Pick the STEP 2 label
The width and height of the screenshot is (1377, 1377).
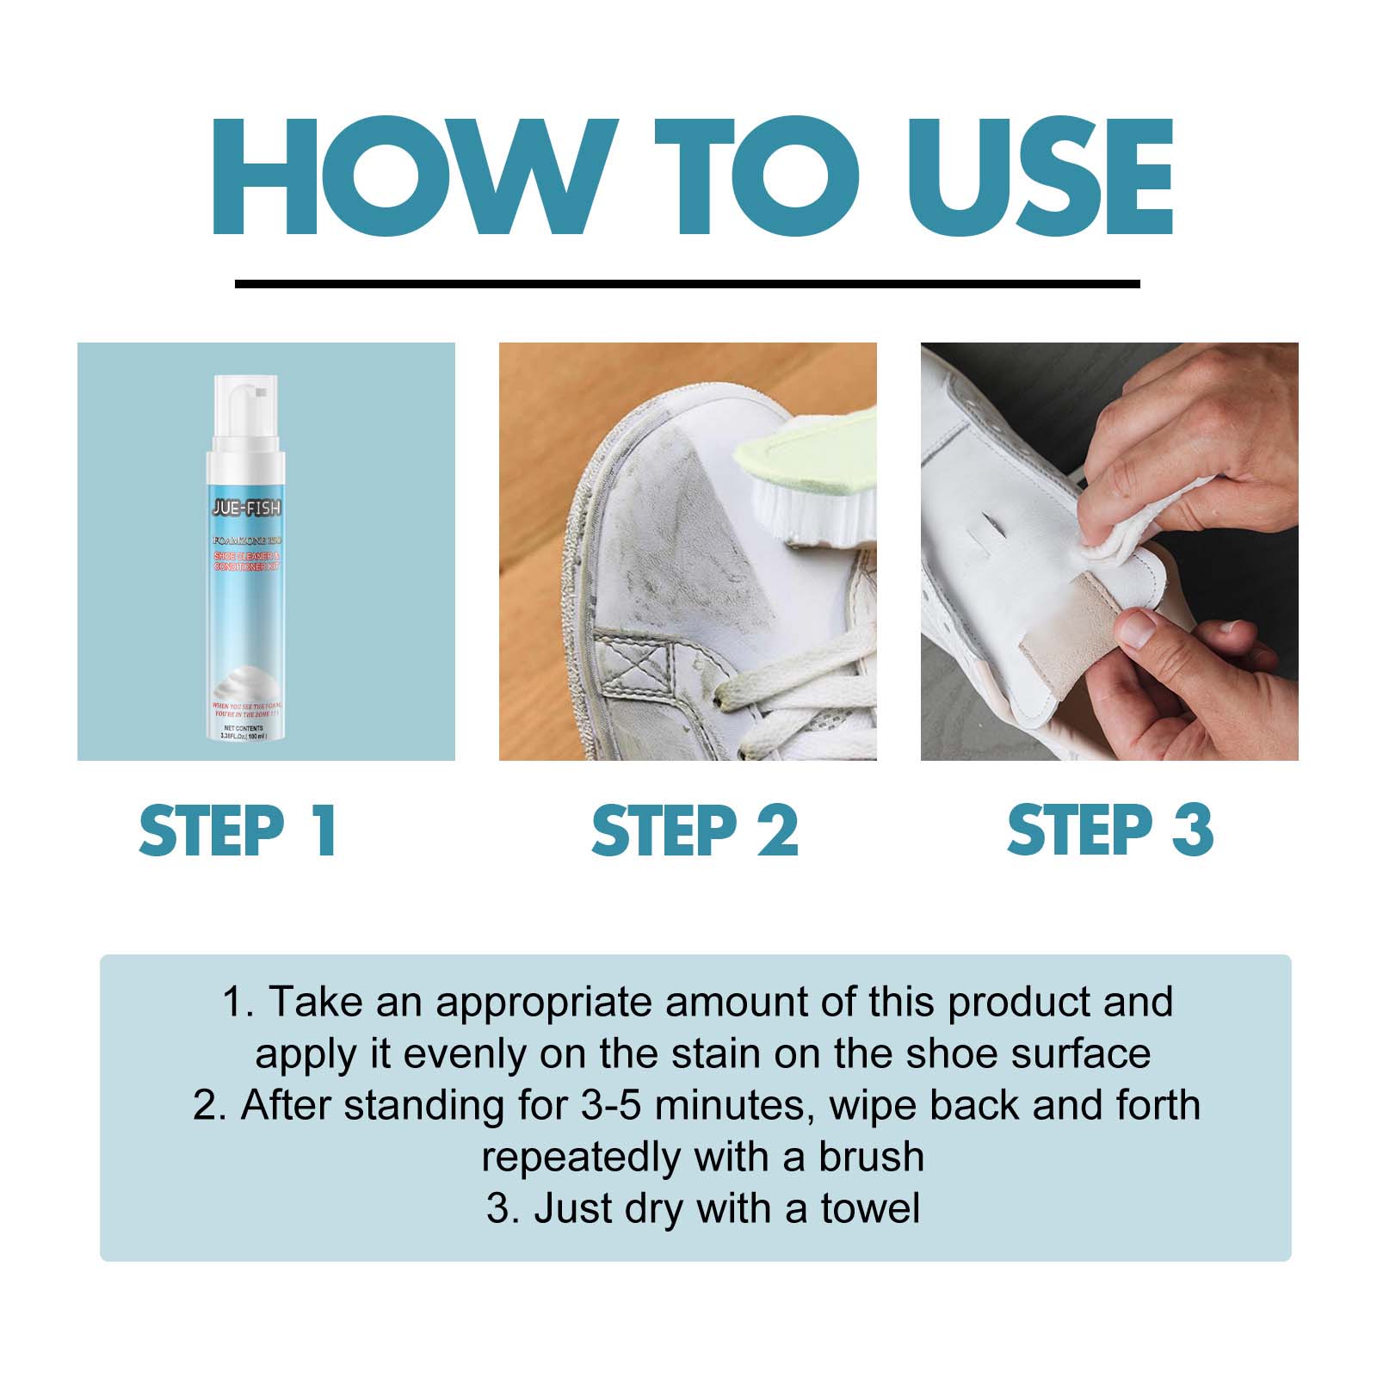pyautogui.click(x=695, y=831)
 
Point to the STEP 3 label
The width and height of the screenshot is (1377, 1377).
pyautogui.click(x=1109, y=831)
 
